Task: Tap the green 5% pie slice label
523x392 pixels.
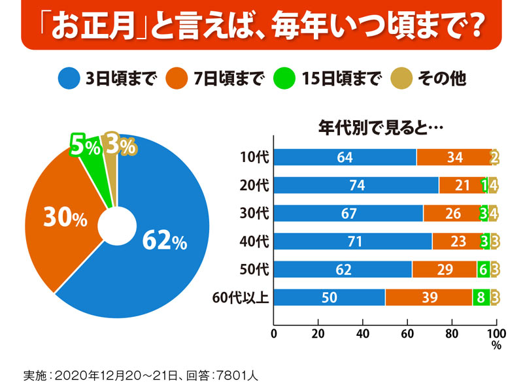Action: click(x=85, y=147)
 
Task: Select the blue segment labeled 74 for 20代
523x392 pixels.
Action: click(x=356, y=186)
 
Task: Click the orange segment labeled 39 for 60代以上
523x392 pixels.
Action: click(x=428, y=297)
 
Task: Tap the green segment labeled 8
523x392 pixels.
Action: click(x=481, y=297)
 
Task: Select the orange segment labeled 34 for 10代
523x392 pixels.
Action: click(x=454, y=157)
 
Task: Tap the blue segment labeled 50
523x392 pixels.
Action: click(x=329, y=297)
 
